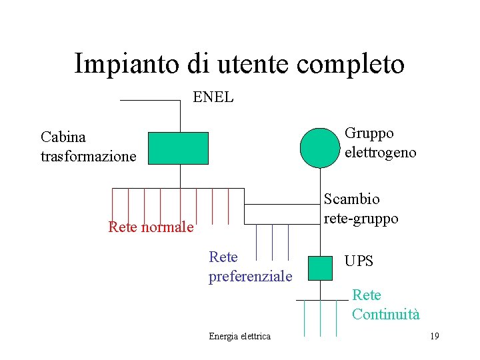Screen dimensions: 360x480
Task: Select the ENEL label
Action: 213,97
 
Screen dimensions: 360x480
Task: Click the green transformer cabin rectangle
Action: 178,148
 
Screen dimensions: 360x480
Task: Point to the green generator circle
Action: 320,147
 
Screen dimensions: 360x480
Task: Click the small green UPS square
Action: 320,267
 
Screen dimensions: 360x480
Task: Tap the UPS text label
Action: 359,261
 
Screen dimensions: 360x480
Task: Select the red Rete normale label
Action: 151,227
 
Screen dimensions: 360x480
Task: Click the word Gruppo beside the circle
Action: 369,133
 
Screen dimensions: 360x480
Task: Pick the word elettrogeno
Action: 381,152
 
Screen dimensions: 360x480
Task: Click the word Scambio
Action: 352,199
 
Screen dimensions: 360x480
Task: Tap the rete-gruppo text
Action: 361,218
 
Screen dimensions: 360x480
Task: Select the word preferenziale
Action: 251,276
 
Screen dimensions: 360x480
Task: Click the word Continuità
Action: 386,315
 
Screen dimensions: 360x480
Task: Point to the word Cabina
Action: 63,137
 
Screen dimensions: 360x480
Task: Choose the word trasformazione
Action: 88,157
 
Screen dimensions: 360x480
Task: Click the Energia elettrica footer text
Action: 239,336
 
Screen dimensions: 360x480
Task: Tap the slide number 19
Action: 434,336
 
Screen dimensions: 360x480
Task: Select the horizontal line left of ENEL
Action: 150,100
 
